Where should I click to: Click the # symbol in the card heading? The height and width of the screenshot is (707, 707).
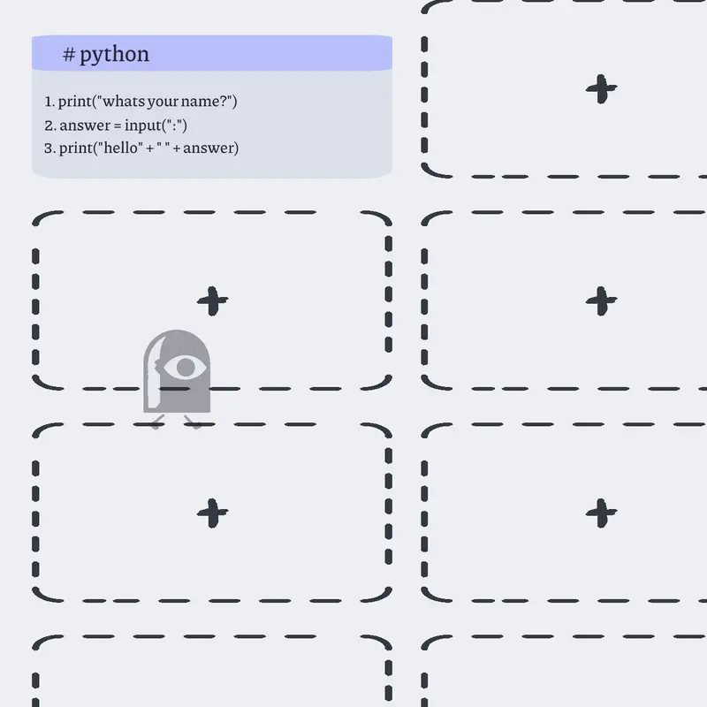pos(69,55)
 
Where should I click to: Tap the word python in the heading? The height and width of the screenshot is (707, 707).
pos(115,56)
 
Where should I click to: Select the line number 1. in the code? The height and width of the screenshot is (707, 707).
pos(49,102)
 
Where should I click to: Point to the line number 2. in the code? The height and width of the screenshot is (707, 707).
pos(50,125)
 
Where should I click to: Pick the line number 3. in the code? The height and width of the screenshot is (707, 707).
pos(49,148)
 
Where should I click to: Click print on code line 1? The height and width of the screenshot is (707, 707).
pos(75,102)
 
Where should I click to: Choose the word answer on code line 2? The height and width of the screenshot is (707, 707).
pos(85,125)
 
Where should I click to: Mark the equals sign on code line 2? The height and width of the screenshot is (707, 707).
pos(118,126)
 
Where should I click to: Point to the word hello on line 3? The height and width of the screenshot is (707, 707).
pos(120,148)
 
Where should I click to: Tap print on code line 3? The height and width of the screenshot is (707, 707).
pos(76,148)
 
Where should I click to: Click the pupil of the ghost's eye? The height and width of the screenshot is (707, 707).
pos(186,367)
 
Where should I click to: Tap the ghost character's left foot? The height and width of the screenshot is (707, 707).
pos(156,422)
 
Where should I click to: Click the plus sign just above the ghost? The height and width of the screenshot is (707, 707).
pos(212,300)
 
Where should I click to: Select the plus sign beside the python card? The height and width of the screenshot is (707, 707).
pos(601,89)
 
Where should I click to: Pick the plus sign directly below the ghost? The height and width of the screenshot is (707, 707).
pos(212,513)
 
